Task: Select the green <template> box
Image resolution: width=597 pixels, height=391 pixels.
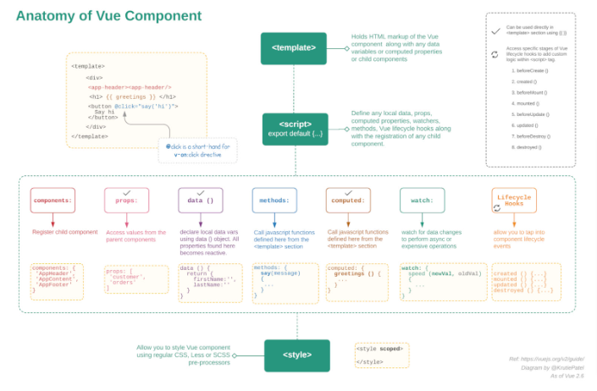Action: pyautogui.click(x=294, y=48)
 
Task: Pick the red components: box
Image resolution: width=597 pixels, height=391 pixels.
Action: pyautogui.click(x=53, y=201)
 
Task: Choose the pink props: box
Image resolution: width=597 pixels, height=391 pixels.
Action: pyautogui.click(x=126, y=201)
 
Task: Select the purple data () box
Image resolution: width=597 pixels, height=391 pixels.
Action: pyautogui.click(x=200, y=201)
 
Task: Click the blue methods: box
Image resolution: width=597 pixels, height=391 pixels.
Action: pyautogui.click(x=274, y=201)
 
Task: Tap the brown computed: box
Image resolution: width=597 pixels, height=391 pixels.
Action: pyautogui.click(x=348, y=201)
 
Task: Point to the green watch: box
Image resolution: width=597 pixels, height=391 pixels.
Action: pyautogui.click(x=422, y=201)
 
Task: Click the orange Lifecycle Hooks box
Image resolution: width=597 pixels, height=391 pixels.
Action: pyautogui.click(x=514, y=200)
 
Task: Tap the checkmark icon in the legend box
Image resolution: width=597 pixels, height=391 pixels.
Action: pyautogui.click(x=495, y=30)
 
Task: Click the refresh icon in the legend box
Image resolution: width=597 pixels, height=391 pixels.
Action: pyautogui.click(x=495, y=54)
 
